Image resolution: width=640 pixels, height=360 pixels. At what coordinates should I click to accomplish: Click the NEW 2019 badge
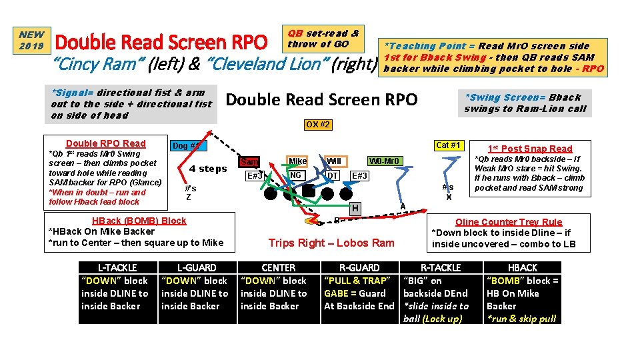[x=31, y=40]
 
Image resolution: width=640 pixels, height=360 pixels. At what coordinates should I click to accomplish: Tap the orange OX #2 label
[x=318, y=125]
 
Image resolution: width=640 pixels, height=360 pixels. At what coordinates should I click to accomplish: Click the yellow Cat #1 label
[x=448, y=145]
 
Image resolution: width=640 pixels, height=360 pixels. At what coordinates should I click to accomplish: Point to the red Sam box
[x=249, y=162]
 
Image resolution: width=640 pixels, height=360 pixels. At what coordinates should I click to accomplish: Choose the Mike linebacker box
[x=297, y=161]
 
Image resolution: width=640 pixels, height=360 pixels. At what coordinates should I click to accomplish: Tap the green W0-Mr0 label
[x=386, y=161]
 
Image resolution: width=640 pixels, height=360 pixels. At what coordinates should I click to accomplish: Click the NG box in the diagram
[x=297, y=175]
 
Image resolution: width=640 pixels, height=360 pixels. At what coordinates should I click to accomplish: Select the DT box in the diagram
[x=332, y=175]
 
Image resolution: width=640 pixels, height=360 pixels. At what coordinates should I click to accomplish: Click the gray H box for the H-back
[x=356, y=208]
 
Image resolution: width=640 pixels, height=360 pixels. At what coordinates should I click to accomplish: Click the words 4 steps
[x=208, y=169]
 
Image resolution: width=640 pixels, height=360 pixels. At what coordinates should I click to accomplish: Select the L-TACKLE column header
[x=117, y=267]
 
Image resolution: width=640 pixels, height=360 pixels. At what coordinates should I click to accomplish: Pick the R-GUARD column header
[x=359, y=267]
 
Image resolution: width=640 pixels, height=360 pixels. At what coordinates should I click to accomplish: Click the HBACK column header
[x=522, y=267]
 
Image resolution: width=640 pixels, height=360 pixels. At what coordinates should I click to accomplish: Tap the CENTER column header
[x=278, y=267]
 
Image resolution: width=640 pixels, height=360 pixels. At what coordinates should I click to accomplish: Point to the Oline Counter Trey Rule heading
[x=508, y=222]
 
